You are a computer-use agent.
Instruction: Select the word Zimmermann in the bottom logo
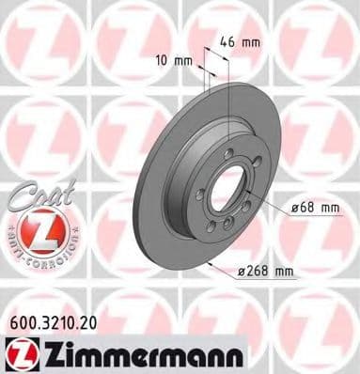(x=140, y=352)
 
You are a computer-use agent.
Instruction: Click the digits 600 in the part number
(x=18, y=320)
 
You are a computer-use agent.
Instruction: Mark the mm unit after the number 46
(x=253, y=41)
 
